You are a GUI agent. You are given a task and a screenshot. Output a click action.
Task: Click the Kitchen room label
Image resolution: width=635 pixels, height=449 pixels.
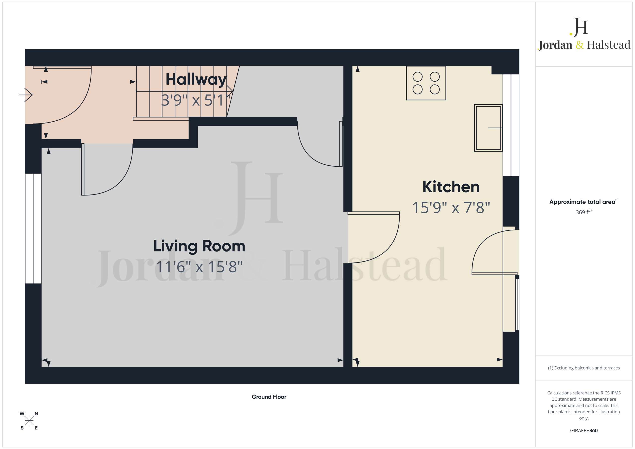pyautogui.click(x=451, y=187)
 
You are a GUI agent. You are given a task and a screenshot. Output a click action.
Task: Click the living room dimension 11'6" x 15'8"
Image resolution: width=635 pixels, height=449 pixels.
pyautogui.click(x=199, y=267)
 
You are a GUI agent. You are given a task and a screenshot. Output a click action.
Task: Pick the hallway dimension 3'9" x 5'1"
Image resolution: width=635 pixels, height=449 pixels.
pyautogui.click(x=196, y=100)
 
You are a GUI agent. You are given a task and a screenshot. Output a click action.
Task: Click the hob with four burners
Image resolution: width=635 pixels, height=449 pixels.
pyautogui.click(x=426, y=83)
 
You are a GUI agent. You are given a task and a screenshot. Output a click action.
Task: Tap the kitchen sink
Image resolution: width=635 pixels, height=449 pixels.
pyautogui.click(x=488, y=128)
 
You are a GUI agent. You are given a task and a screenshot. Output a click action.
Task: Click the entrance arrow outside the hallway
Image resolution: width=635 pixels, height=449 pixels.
pyautogui.click(x=26, y=95)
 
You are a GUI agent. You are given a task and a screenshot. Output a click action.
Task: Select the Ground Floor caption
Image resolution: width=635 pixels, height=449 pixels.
pyautogui.click(x=269, y=397)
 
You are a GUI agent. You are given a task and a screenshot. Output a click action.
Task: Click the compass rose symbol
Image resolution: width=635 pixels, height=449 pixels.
pyautogui.click(x=29, y=421)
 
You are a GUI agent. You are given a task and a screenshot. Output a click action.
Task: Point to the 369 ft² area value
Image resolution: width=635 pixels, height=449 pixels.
pyautogui.click(x=584, y=212)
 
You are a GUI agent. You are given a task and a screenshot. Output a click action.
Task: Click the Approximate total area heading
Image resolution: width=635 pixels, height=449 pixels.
pyautogui.click(x=584, y=202)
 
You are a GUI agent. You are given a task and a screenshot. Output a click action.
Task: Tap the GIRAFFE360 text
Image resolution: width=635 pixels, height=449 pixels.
pyautogui.click(x=584, y=430)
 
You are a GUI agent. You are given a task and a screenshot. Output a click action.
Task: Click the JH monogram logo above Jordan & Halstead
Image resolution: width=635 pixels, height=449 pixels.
pyautogui.click(x=579, y=27)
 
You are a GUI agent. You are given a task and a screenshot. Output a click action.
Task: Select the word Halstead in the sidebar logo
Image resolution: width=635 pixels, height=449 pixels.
pyautogui.click(x=608, y=45)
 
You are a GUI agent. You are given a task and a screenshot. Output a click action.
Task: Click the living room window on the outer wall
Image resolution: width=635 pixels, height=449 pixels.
pyautogui.click(x=33, y=228)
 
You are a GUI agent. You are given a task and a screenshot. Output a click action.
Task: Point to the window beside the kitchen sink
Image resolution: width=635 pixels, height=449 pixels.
pyautogui.click(x=511, y=125)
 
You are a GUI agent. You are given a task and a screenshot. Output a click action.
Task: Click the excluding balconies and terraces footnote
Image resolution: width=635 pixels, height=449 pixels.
pyautogui.click(x=584, y=368)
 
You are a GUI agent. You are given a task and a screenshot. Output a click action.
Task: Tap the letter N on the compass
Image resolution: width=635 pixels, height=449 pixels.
pyautogui.click(x=36, y=414)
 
